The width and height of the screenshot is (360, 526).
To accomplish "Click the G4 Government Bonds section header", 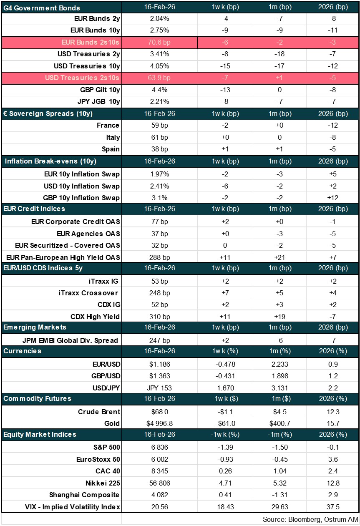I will (x=42, y=8).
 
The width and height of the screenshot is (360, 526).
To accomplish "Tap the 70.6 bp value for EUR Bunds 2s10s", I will (x=159, y=43).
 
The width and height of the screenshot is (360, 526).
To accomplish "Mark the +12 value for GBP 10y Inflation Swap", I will (x=332, y=198).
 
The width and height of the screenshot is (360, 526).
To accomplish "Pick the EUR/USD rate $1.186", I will (x=159, y=364).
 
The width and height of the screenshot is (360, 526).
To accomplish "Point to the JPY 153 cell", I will (x=159, y=388).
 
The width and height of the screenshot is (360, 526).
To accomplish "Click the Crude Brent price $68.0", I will (x=159, y=412).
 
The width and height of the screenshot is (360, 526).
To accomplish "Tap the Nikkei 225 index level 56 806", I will (x=159, y=483).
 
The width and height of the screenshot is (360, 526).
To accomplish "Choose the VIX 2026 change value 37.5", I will (x=332, y=507).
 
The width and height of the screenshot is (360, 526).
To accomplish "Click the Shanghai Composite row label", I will (x=84, y=495).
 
